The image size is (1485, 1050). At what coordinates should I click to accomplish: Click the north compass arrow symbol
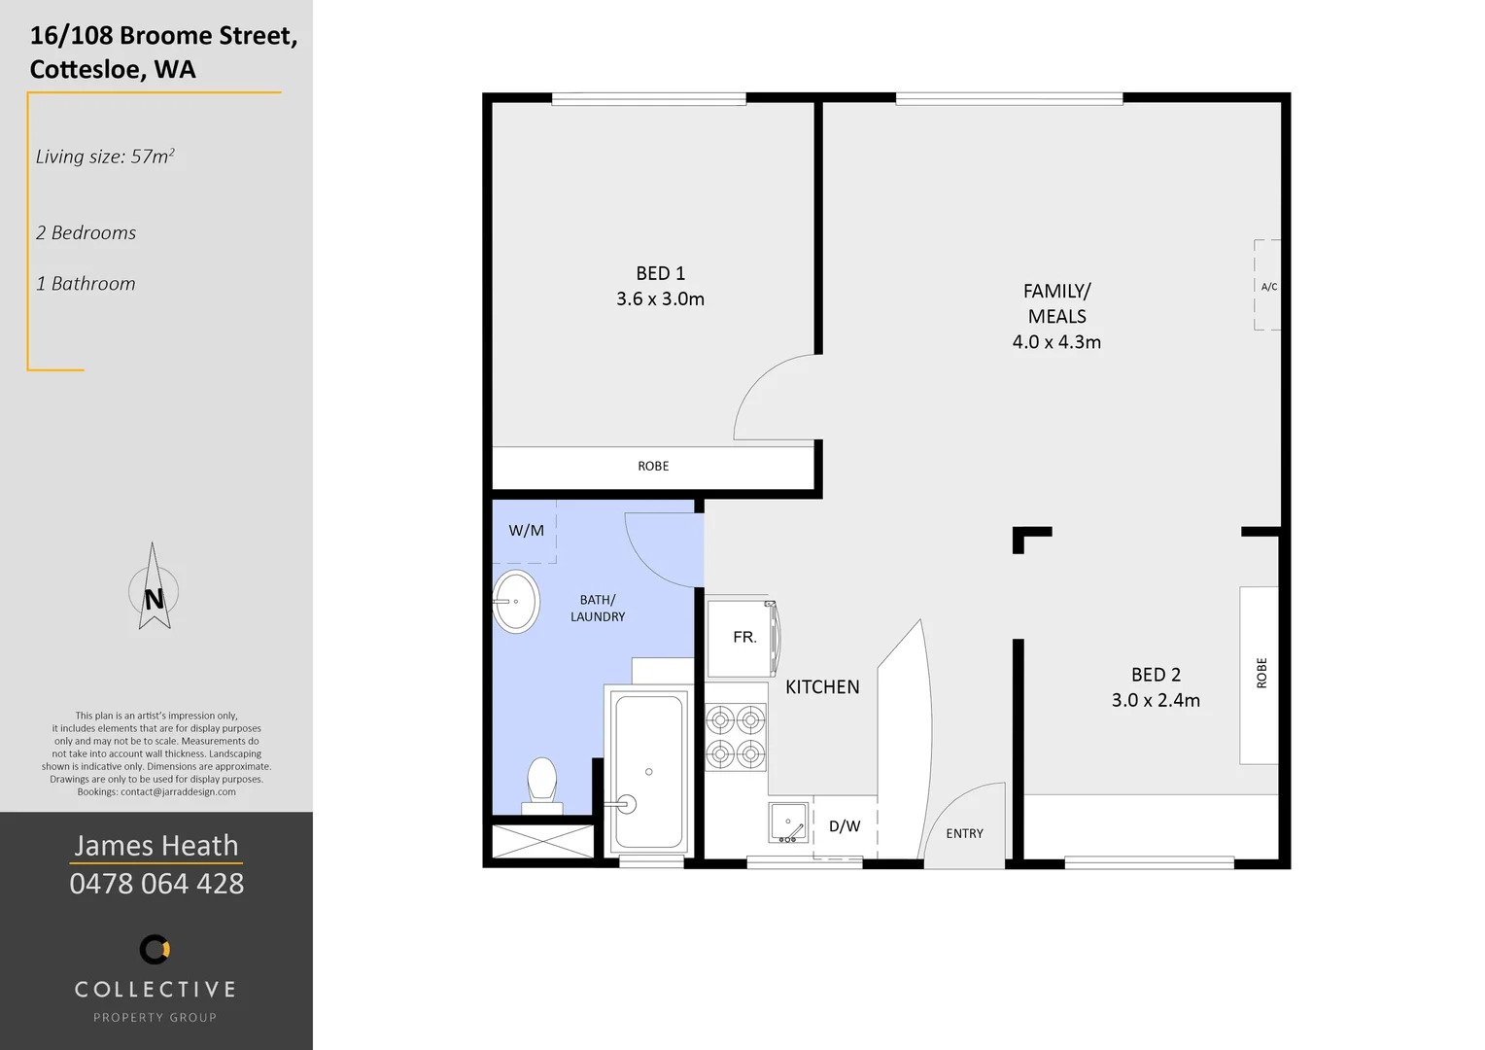click(154, 589)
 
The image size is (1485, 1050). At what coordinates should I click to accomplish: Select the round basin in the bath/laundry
click(515, 602)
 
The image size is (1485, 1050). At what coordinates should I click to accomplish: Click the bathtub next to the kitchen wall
click(648, 772)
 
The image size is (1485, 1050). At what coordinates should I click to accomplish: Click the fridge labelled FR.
click(742, 638)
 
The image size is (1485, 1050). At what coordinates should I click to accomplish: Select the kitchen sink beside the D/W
click(788, 822)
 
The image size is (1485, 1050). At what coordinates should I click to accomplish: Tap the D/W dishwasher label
click(844, 826)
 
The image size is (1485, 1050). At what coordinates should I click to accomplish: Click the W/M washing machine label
click(526, 531)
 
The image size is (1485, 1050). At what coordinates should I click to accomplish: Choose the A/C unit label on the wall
click(1268, 287)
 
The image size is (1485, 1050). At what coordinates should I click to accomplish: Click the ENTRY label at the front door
click(964, 834)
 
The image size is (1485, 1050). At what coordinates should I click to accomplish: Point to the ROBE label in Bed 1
click(653, 467)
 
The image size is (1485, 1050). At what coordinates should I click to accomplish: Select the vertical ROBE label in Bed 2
click(1261, 673)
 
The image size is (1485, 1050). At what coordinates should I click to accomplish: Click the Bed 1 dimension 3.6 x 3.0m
click(660, 299)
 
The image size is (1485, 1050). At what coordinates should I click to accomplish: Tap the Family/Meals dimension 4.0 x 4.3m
click(1056, 342)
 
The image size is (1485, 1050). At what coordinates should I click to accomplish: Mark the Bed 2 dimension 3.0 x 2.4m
click(1156, 700)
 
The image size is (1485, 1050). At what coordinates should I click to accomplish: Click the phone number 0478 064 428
click(156, 884)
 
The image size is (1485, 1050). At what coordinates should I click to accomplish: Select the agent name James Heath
click(156, 846)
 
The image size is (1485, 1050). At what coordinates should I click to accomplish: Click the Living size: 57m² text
click(105, 157)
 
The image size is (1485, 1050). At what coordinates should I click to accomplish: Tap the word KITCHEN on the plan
click(822, 687)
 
